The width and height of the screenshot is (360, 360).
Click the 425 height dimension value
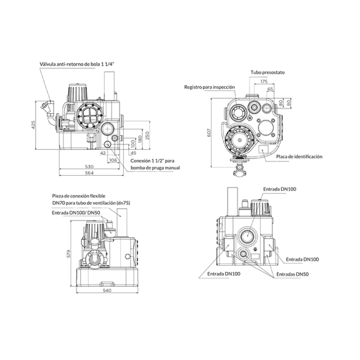(33, 125)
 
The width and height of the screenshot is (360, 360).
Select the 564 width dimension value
(89, 173)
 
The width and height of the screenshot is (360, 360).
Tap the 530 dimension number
(89, 166)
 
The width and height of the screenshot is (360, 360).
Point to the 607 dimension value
(209, 133)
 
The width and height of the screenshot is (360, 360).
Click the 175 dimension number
(264, 81)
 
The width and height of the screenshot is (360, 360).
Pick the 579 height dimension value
(68, 253)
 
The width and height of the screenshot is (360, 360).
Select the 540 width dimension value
(107, 290)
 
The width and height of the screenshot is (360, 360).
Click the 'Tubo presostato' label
(268, 72)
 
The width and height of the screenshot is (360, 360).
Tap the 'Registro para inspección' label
(210, 87)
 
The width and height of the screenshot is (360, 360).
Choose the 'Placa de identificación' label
(299, 157)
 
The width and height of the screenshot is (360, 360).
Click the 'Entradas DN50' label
(292, 274)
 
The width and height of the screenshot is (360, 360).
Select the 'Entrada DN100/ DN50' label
(76, 213)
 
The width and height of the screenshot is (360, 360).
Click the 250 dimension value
(147, 135)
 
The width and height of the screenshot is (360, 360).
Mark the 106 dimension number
(113, 160)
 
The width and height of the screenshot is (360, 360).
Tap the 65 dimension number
(270, 89)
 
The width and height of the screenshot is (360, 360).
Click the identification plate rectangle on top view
(263, 149)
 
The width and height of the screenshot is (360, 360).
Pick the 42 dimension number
(103, 153)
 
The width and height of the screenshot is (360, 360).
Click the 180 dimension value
(140, 139)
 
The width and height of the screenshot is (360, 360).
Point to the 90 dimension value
(289, 102)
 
